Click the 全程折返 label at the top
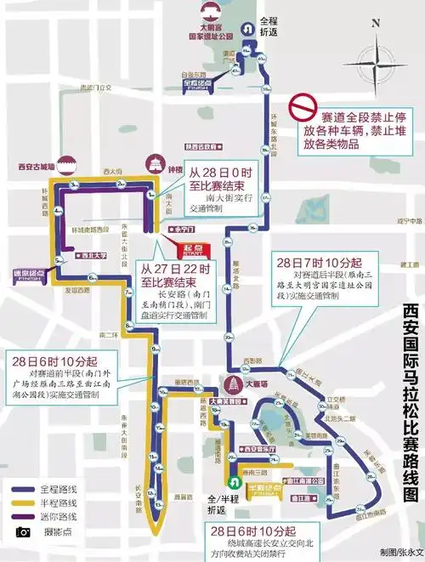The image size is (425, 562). pyautogui.click(x=269, y=23)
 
